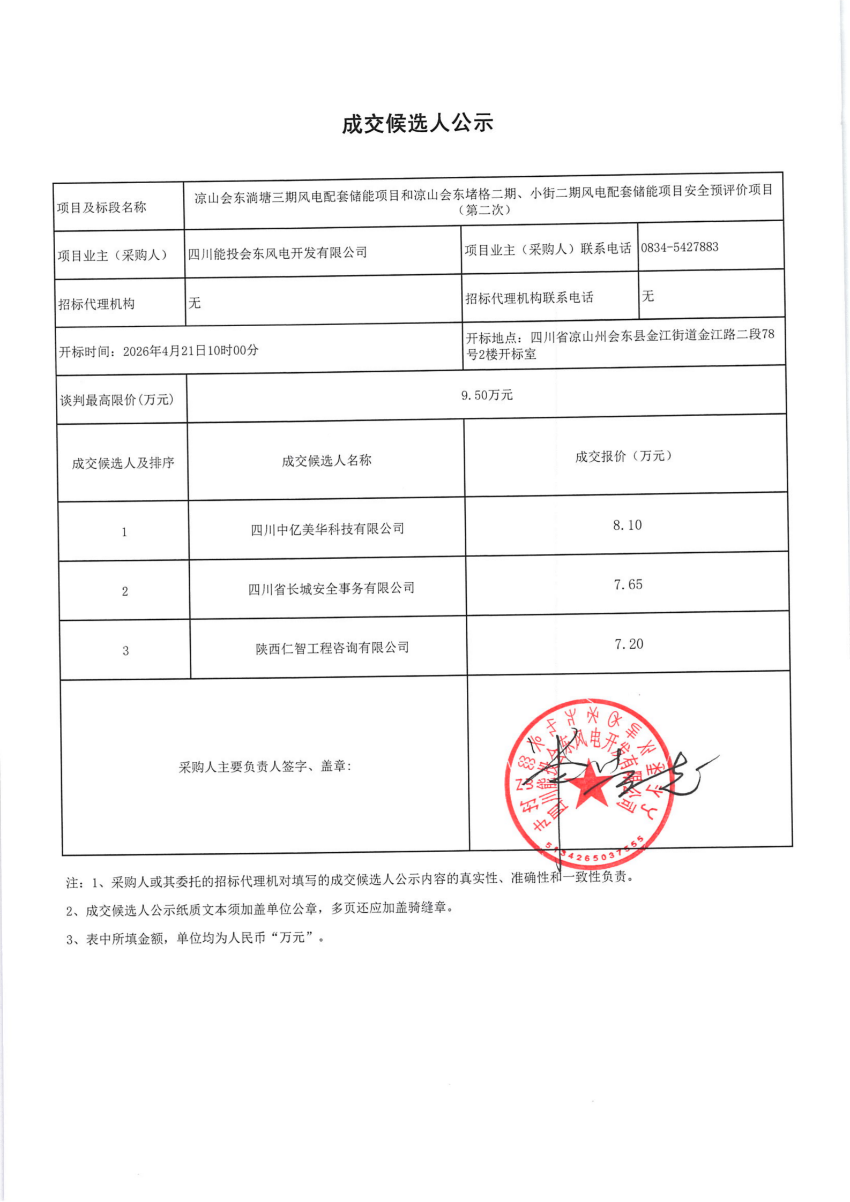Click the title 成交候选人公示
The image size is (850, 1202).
(x=417, y=124)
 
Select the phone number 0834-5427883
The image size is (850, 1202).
(x=679, y=247)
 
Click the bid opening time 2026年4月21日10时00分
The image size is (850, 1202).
(x=190, y=351)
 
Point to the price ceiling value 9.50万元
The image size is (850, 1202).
(x=487, y=395)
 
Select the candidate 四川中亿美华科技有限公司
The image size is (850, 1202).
(x=327, y=529)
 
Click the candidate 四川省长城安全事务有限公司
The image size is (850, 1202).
(x=331, y=588)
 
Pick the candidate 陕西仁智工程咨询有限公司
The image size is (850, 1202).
(x=332, y=648)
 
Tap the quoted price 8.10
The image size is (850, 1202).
(x=627, y=525)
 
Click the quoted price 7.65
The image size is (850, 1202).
(x=628, y=584)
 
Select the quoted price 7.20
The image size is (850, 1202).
(x=628, y=644)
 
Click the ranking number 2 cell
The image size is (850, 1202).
(x=125, y=591)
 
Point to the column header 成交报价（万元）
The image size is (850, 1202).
(x=623, y=456)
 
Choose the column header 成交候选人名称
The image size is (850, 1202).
(x=326, y=461)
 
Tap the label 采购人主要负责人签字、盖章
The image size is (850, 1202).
(x=265, y=767)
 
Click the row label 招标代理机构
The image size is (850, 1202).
(x=96, y=304)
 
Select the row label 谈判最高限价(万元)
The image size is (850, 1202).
(x=117, y=400)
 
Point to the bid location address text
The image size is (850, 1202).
(x=620, y=344)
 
